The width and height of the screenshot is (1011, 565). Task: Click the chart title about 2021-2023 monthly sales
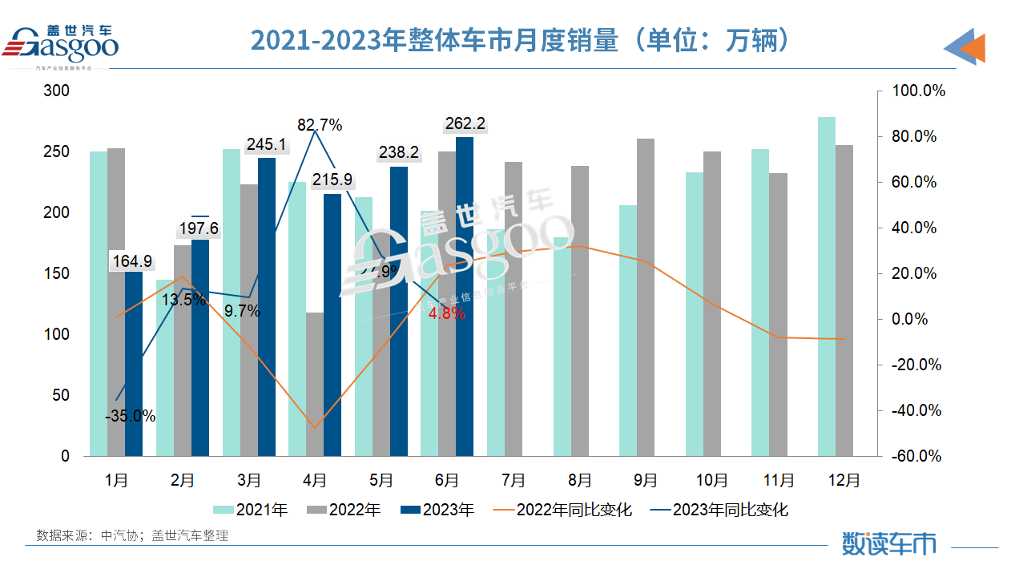click(521, 40)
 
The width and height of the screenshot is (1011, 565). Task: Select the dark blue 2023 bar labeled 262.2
click(464, 296)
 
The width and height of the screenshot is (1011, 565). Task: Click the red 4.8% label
click(446, 313)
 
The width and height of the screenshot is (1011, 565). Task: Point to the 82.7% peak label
click(320, 125)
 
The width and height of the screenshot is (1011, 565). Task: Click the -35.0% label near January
click(130, 416)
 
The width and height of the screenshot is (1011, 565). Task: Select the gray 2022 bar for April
click(315, 384)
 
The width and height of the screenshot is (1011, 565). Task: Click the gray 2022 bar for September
click(646, 297)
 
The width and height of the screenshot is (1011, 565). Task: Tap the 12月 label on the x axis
click(844, 480)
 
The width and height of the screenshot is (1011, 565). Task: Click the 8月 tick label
click(579, 480)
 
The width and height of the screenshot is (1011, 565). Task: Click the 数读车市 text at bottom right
click(888, 543)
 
